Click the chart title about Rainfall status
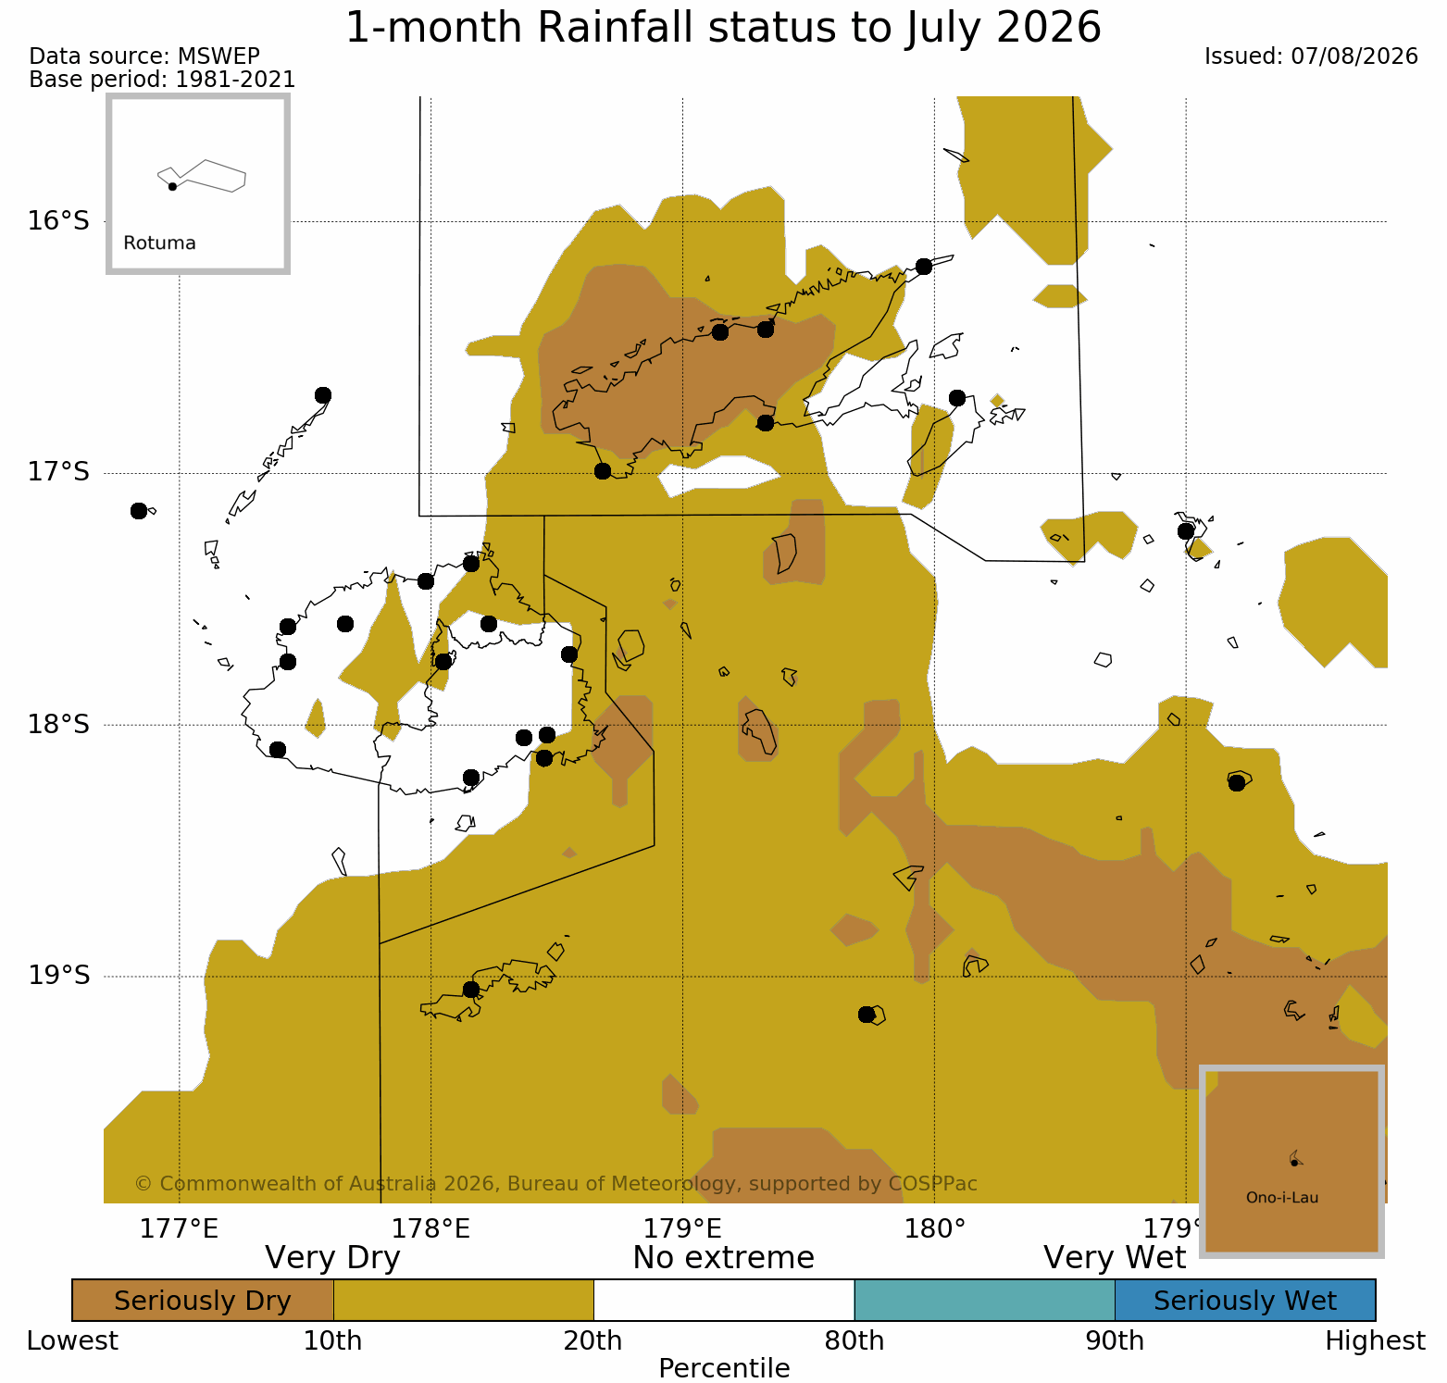pyautogui.click(x=723, y=28)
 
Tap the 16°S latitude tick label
pyautogui.click(x=58, y=221)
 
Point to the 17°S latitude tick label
pyautogui.click(x=58, y=473)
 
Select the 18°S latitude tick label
pyautogui.click(x=58, y=725)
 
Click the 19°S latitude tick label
pyautogui.click(x=58, y=976)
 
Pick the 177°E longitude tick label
pyautogui.click(x=179, y=1229)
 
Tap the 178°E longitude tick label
pyautogui.click(x=430, y=1229)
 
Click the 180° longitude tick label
pyautogui.click(x=934, y=1229)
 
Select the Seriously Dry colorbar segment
pyautogui.click(x=203, y=1301)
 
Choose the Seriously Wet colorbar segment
pyautogui.click(x=1245, y=1301)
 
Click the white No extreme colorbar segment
pyautogui.click(x=724, y=1301)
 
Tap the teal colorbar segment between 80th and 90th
pyautogui.click(x=985, y=1301)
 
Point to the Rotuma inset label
pyautogui.click(x=159, y=243)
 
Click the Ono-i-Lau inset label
pyautogui.click(x=1282, y=1198)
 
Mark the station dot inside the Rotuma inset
pyautogui.click(x=172, y=186)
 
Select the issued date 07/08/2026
pyautogui.click(x=1354, y=56)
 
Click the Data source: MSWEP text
pyautogui.click(x=144, y=56)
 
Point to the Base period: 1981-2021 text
pyautogui.click(x=162, y=80)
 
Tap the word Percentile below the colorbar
pyautogui.click(x=724, y=1368)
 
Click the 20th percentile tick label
pyautogui.click(x=593, y=1341)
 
